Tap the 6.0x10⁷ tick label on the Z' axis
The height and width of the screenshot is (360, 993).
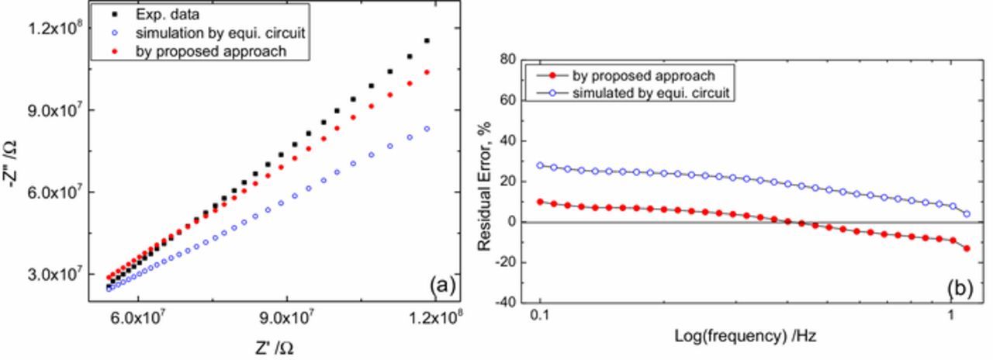(137, 317)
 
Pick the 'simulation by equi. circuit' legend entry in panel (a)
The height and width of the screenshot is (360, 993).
(209, 33)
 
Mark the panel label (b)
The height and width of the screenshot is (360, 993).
(960, 288)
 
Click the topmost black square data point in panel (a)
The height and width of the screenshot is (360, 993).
(448, 40)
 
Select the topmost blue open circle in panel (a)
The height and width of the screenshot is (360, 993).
(448, 129)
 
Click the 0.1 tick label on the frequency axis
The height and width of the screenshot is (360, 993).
(540, 317)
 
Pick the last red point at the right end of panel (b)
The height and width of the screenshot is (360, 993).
(967, 248)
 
